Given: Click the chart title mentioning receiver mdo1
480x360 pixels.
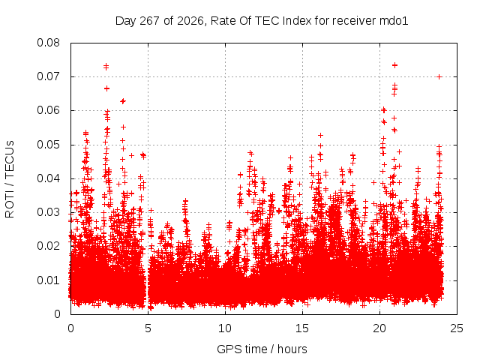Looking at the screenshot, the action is pyautogui.click(x=262, y=21).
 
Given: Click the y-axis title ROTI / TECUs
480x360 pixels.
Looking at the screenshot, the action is pyautogui.click(x=10, y=179).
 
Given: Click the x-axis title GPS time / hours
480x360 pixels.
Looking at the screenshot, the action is pyautogui.click(x=262, y=349).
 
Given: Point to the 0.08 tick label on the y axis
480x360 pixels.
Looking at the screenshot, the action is pyautogui.click(x=48, y=43).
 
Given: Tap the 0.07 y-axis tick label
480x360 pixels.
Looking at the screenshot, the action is pyautogui.click(x=48, y=76).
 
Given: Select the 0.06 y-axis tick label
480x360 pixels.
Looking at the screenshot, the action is pyautogui.click(x=48, y=110).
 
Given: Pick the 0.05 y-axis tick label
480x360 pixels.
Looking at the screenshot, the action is pyautogui.click(x=48, y=145).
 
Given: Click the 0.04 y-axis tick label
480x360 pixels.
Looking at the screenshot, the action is pyautogui.click(x=48, y=178).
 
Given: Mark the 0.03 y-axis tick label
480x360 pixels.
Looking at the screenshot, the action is pyautogui.click(x=48, y=212).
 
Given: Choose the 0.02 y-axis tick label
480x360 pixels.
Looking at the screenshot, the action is pyautogui.click(x=48, y=246).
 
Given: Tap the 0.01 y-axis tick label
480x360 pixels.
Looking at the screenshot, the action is pyautogui.click(x=48, y=280).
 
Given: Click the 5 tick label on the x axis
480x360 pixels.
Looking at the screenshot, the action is pyautogui.click(x=148, y=328).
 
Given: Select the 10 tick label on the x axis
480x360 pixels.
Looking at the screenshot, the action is pyautogui.click(x=225, y=328).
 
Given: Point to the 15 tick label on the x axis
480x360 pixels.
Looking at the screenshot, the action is pyautogui.click(x=302, y=328).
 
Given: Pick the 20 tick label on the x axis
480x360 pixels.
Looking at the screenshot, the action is pyautogui.click(x=379, y=328).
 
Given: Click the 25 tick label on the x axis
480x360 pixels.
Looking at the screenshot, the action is pyautogui.click(x=457, y=328).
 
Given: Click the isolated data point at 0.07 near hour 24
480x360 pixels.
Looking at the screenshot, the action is pyautogui.click(x=439, y=76).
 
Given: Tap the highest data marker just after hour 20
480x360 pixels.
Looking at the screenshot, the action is pyautogui.click(x=395, y=65).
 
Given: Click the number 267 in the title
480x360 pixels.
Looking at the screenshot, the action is pyautogui.click(x=150, y=21).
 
